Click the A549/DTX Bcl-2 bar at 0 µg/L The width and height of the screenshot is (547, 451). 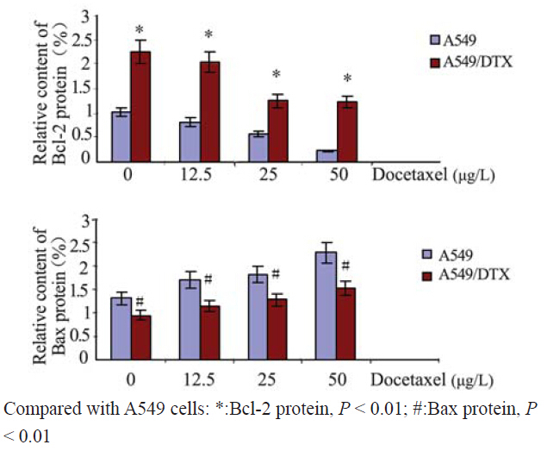[x=140, y=106]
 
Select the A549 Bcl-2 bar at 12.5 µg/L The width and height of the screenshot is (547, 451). [x=190, y=141]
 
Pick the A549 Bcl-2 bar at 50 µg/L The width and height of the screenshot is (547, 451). [x=326, y=155]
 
